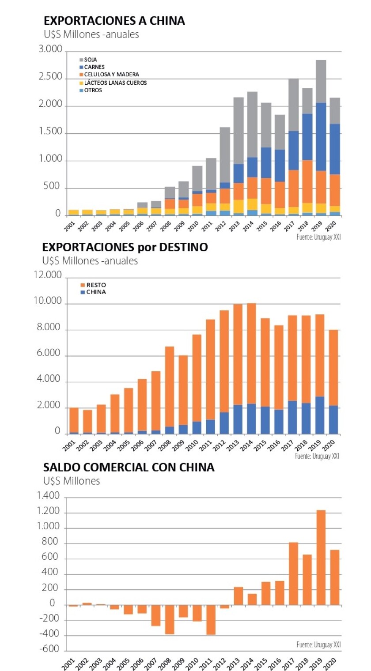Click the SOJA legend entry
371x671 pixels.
point(90,59)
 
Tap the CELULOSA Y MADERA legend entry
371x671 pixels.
point(110,75)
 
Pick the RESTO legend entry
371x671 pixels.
point(96,285)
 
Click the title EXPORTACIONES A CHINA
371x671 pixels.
point(114,21)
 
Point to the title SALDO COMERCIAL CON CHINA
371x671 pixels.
point(129,467)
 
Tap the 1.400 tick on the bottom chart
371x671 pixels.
point(49,497)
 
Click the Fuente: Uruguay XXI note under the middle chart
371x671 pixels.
point(318,456)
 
